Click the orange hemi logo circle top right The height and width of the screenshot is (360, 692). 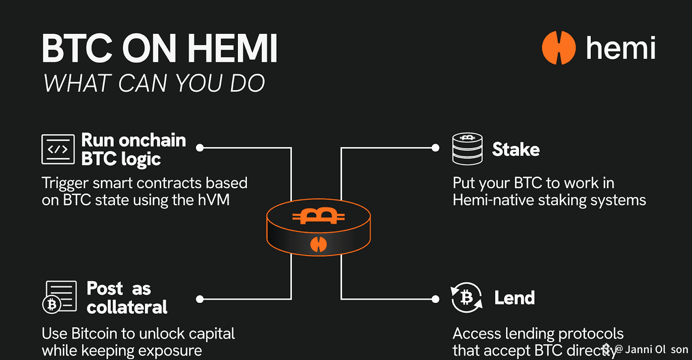[558, 48]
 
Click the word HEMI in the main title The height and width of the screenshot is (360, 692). [232, 48]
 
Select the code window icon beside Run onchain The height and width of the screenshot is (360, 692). [58, 149]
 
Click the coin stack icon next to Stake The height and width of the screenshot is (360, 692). [467, 149]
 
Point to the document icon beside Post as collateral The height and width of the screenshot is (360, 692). [60, 297]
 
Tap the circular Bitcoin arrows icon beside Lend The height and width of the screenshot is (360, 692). [467, 298]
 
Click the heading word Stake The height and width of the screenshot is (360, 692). [516, 150]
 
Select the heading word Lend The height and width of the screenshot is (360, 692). [514, 298]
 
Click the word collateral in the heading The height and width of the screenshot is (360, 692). [127, 308]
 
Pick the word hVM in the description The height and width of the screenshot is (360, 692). [214, 200]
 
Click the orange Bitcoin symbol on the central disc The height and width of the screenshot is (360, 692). [319, 215]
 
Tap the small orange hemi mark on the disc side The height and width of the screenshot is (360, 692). [319, 244]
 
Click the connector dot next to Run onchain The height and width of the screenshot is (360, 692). [200, 148]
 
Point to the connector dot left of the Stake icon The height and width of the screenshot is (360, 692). [436, 148]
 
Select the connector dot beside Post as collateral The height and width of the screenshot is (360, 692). [200, 299]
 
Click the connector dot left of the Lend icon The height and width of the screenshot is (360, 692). [436, 299]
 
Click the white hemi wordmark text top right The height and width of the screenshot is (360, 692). [620, 48]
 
